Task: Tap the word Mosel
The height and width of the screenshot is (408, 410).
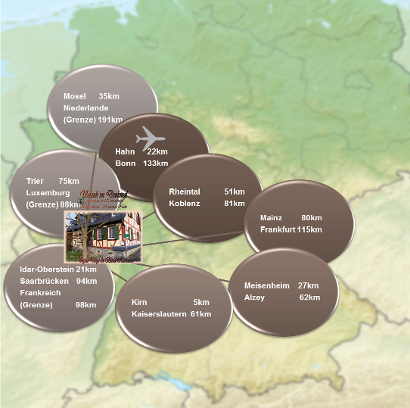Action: [x=75, y=96]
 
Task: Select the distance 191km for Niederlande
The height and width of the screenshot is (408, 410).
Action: [x=110, y=120]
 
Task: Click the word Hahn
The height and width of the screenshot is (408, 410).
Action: [x=125, y=151]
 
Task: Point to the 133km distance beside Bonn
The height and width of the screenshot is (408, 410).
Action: [x=155, y=164]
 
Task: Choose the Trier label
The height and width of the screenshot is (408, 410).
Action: [x=36, y=181]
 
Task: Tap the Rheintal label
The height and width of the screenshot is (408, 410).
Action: [x=185, y=192]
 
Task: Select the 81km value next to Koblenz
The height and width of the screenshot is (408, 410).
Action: [x=235, y=203]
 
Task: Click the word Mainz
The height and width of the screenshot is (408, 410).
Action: [x=271, y=218]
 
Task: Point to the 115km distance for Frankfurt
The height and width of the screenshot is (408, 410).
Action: [x=309, y=229]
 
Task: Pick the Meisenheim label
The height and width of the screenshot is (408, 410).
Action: [x=267, y=285]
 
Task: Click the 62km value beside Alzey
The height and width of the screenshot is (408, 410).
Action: [x=309, y=297]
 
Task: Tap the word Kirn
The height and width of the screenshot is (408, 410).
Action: [x=139, y=302]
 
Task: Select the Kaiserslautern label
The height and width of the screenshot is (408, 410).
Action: [x=159, y=313]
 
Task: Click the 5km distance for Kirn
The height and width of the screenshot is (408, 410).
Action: [x=201, y=302]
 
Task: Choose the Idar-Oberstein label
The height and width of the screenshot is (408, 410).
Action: [x=47, y=269]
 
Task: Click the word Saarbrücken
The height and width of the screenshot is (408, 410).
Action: [x=44, y=281]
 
